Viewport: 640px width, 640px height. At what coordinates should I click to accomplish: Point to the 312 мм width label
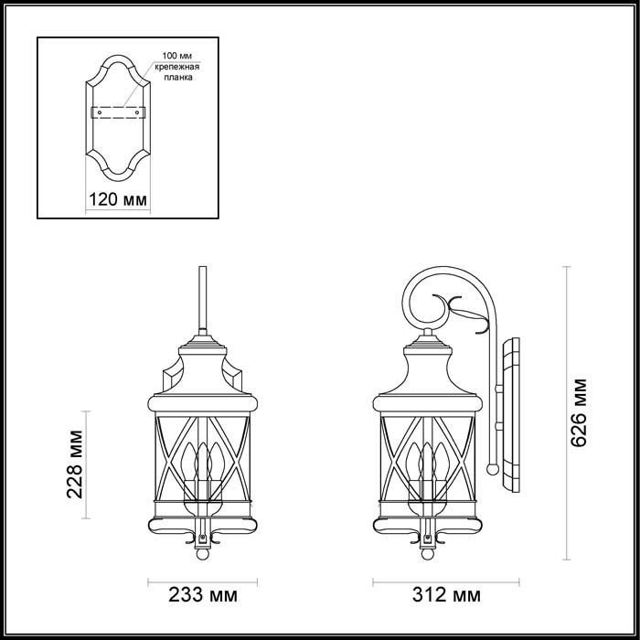(x=429, y=596)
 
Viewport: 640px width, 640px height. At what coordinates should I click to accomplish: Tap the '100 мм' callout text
(x=176, y=57)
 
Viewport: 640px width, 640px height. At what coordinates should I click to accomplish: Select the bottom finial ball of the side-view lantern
(x=426, y=554)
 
